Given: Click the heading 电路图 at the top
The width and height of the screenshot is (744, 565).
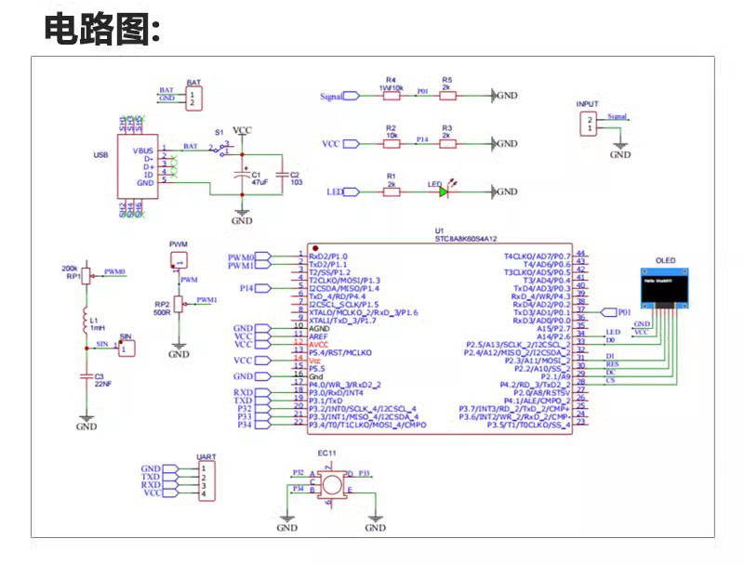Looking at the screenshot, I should pos(102,30).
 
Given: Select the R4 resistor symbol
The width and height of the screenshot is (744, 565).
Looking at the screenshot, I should pos(391,96).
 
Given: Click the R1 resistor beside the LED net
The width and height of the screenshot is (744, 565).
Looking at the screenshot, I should pos(391,191).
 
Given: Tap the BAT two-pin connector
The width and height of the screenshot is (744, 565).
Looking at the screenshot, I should pos(193,98).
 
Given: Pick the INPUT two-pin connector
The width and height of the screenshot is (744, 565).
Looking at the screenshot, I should pos(588,124).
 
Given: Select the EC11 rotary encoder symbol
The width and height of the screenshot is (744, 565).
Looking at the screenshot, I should pos(329,483).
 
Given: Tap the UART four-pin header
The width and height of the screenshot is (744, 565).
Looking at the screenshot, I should pos(206,481).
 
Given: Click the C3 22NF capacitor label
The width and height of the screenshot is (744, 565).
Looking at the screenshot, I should pos(99,380).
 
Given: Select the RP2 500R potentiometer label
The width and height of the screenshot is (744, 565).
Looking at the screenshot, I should pos(162,308).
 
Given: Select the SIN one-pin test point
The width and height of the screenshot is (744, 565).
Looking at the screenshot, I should pos(128,348).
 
